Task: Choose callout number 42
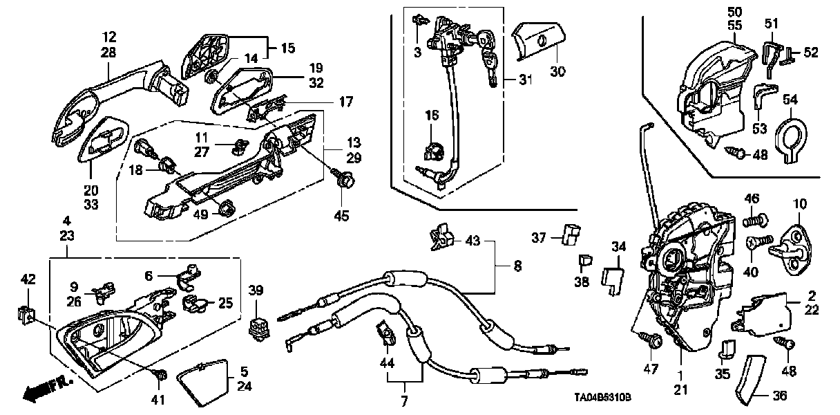click(28, 280)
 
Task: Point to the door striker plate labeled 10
click(794, 239)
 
